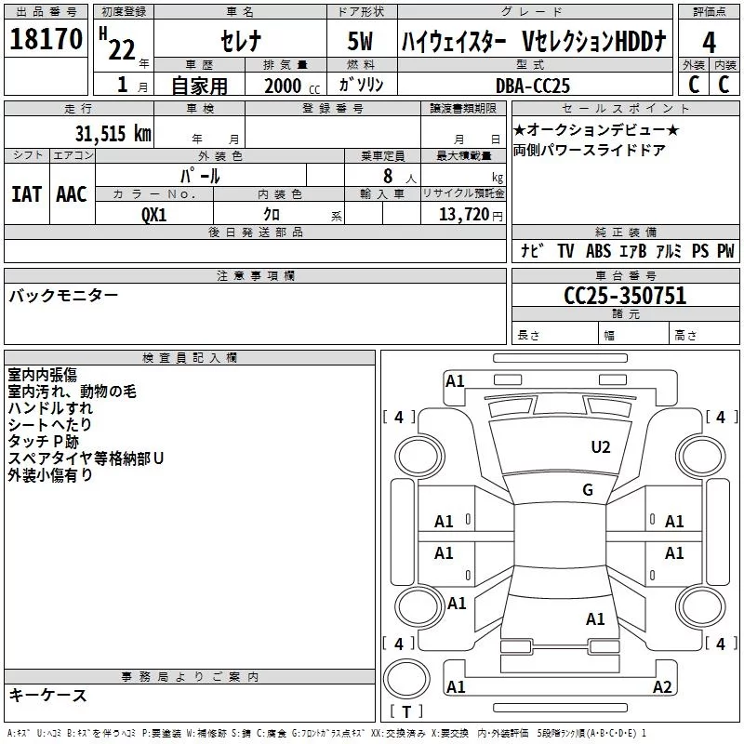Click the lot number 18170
(46, 39)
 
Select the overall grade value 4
(709, 42)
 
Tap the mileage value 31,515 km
(113, 134)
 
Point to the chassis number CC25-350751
(625, 295)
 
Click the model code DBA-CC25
(532, 86)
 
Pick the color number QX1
(153, 215)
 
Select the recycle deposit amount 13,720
(463, 214)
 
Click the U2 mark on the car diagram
(601, 447)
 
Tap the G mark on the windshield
(588, 490)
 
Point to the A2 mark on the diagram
(662, 687)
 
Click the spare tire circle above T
(406, 679)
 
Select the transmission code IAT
(26, 194)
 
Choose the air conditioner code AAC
(72, 194)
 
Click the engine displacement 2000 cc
(292, 86)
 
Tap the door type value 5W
(360, 41)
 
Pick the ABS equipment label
(598, 251)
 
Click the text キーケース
(47, 695)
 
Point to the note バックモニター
(63, 296)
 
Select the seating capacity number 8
(388, 176)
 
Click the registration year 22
(122, 49)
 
